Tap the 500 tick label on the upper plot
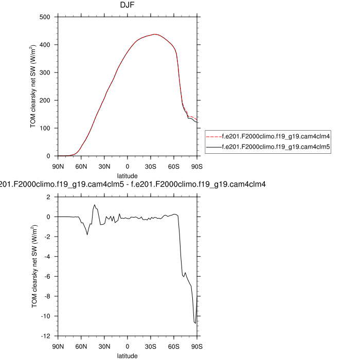(x=45, y=17)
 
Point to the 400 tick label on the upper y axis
(x=45, y=45)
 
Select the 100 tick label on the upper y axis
(x=45, y=128)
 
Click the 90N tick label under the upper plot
(x=58, y=166)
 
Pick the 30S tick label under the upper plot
(x=151, y=166)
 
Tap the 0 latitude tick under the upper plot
(x=128, y=166)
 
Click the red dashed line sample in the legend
(x=213, y=137)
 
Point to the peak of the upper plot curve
(x=154, y=34)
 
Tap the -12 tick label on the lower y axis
(x=45, y=336)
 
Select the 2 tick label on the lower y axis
(x=48, y=197)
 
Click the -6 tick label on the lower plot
(x=46, y=276)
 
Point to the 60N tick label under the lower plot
(x=81, y=346)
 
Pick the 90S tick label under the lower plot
(x=197, y=346)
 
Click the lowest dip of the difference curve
(x=195, y=322)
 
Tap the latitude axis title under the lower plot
(x=127, y=355)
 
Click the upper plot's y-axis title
(x=33, y=86)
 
